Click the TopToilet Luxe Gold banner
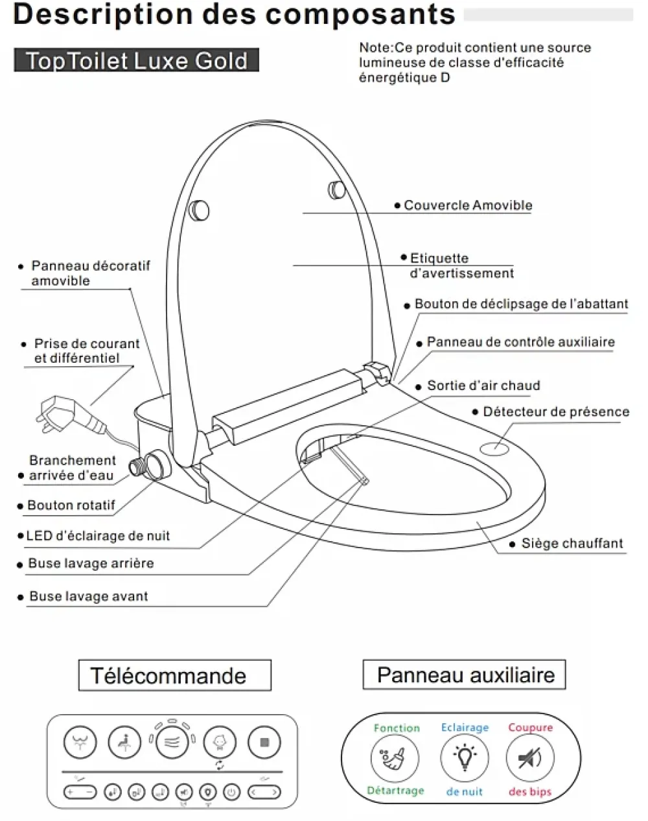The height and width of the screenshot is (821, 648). click(x=136, y=60)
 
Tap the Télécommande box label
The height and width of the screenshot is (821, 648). click(x=175, y=675)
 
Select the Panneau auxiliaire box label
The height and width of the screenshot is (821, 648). click(x=464, y=675)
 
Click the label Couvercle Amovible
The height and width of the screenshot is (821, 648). click(x=468, y=205)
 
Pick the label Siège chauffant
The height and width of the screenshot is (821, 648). click(x=572, y=543)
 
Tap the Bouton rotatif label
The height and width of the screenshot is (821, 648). click(x=71, y=505)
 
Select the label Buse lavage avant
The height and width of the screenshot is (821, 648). click(x=89, y=596)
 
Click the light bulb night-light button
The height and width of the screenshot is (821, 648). click(x=465, y=757)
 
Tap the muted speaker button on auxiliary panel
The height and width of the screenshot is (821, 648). click(x=530, y=757)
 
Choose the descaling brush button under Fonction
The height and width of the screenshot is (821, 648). click(x=395, y=758)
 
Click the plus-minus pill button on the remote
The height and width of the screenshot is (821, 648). click(x=80, y=792)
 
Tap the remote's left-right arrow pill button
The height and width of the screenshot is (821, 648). click(x=264, y=792)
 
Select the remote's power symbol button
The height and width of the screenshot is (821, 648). click(x=231, y=792)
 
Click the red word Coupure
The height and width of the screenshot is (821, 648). click(x=531, y=727)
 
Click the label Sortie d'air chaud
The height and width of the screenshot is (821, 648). click(x=483, y=386)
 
